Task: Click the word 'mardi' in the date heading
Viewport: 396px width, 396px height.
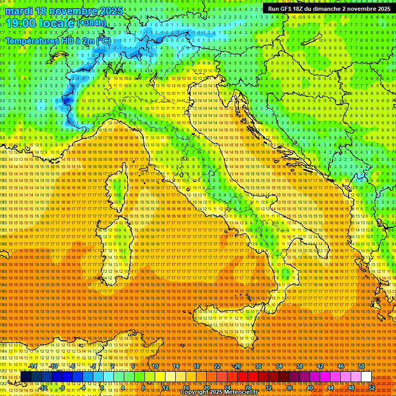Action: tap(19, 11)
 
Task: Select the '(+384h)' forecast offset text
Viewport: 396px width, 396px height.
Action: tap(92, 23)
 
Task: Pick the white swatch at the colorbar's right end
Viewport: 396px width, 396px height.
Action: tap(366, 377)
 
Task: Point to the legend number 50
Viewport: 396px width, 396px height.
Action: tap(361, 366)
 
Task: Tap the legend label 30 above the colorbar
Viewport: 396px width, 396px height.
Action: tap(258, 366)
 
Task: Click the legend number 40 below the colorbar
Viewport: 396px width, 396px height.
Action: tap(309, 387)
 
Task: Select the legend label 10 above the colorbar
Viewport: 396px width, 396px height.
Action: tap(155, 366)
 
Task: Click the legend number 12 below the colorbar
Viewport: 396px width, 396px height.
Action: tap(165, 387)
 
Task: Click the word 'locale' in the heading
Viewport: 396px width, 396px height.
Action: tap(56, 23)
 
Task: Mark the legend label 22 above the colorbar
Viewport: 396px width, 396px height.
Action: tap(217, 366)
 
